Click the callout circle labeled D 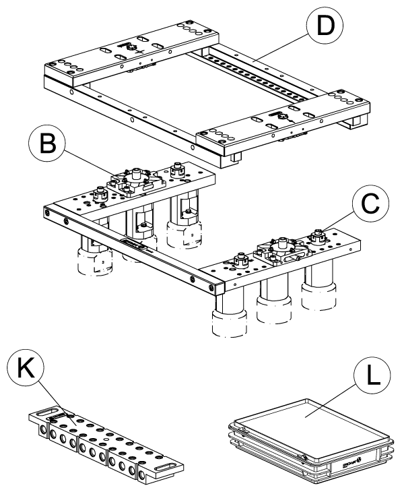click(x=325, y=25)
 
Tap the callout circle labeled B click(x=47, y=143)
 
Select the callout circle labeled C click(x=370, y=203)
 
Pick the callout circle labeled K click(x=26, y=367)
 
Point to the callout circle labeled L click(x=372, y=375)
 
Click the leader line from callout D click(x=281, y=49)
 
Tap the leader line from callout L click(x=331, y=401)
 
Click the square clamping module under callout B click(x=136, y=183)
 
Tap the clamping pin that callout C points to click(x=318, y=235)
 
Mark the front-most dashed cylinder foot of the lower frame click(x=229, y=324)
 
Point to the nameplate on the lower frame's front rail click(x=133, y=243)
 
